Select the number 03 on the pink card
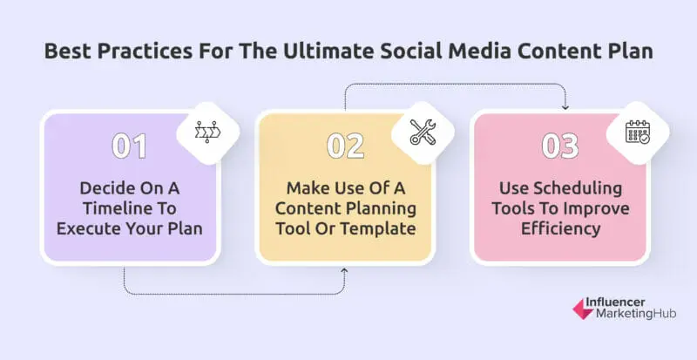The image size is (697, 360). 559,146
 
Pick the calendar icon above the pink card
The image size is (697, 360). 638,132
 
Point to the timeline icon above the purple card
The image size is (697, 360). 206,132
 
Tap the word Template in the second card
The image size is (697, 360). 384,230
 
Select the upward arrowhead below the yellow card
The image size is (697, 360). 346,271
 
